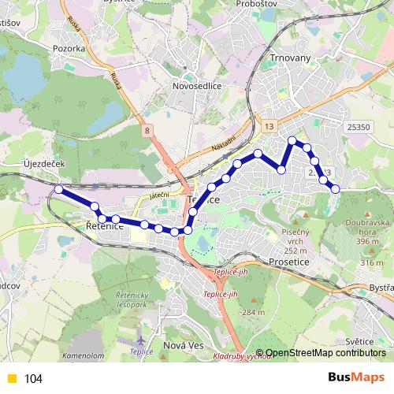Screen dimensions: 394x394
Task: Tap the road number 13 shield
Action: click(269, 126)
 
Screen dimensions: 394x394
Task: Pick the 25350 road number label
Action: click(359, 127)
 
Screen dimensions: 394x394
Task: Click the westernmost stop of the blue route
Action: click(58, 189)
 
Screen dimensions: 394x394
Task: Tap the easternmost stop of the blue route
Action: click(335, 188)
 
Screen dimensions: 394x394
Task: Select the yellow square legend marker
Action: click(12, 379)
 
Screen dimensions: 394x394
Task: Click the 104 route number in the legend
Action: click(33, 379)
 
